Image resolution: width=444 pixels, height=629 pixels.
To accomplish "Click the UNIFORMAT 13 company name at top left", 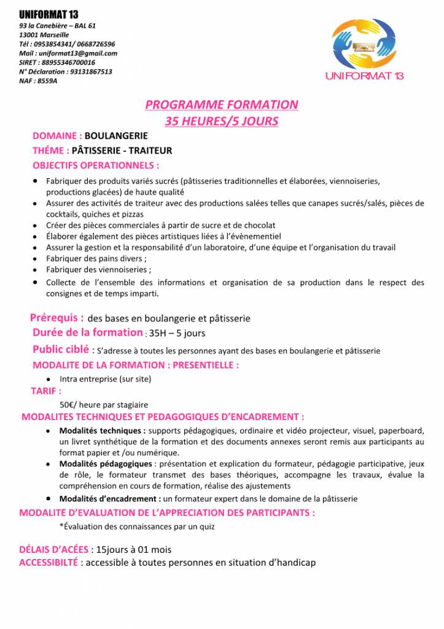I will (x=49, y=14).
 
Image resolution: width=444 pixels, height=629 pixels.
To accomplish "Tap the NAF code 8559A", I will (x=47, y=80).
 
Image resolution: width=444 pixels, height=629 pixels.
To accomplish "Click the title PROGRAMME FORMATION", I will (x=222, y=105).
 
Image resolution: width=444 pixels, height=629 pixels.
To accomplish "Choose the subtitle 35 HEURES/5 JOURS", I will (x=222, y=121).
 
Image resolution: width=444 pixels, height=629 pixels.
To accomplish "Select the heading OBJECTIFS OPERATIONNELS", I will (x=96, y=165).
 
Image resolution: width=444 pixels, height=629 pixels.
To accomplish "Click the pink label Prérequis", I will (x=57, y=318).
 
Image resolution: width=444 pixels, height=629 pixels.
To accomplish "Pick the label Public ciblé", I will (x=60, y=350).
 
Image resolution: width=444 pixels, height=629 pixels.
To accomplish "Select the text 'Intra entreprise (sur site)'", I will (x=106, y=379).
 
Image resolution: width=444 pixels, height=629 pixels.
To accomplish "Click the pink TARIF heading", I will (x=46, y=391).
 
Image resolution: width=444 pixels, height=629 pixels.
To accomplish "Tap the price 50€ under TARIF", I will (x=68, y=405).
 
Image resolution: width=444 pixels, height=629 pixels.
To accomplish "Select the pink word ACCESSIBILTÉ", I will (x=49, y=562).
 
